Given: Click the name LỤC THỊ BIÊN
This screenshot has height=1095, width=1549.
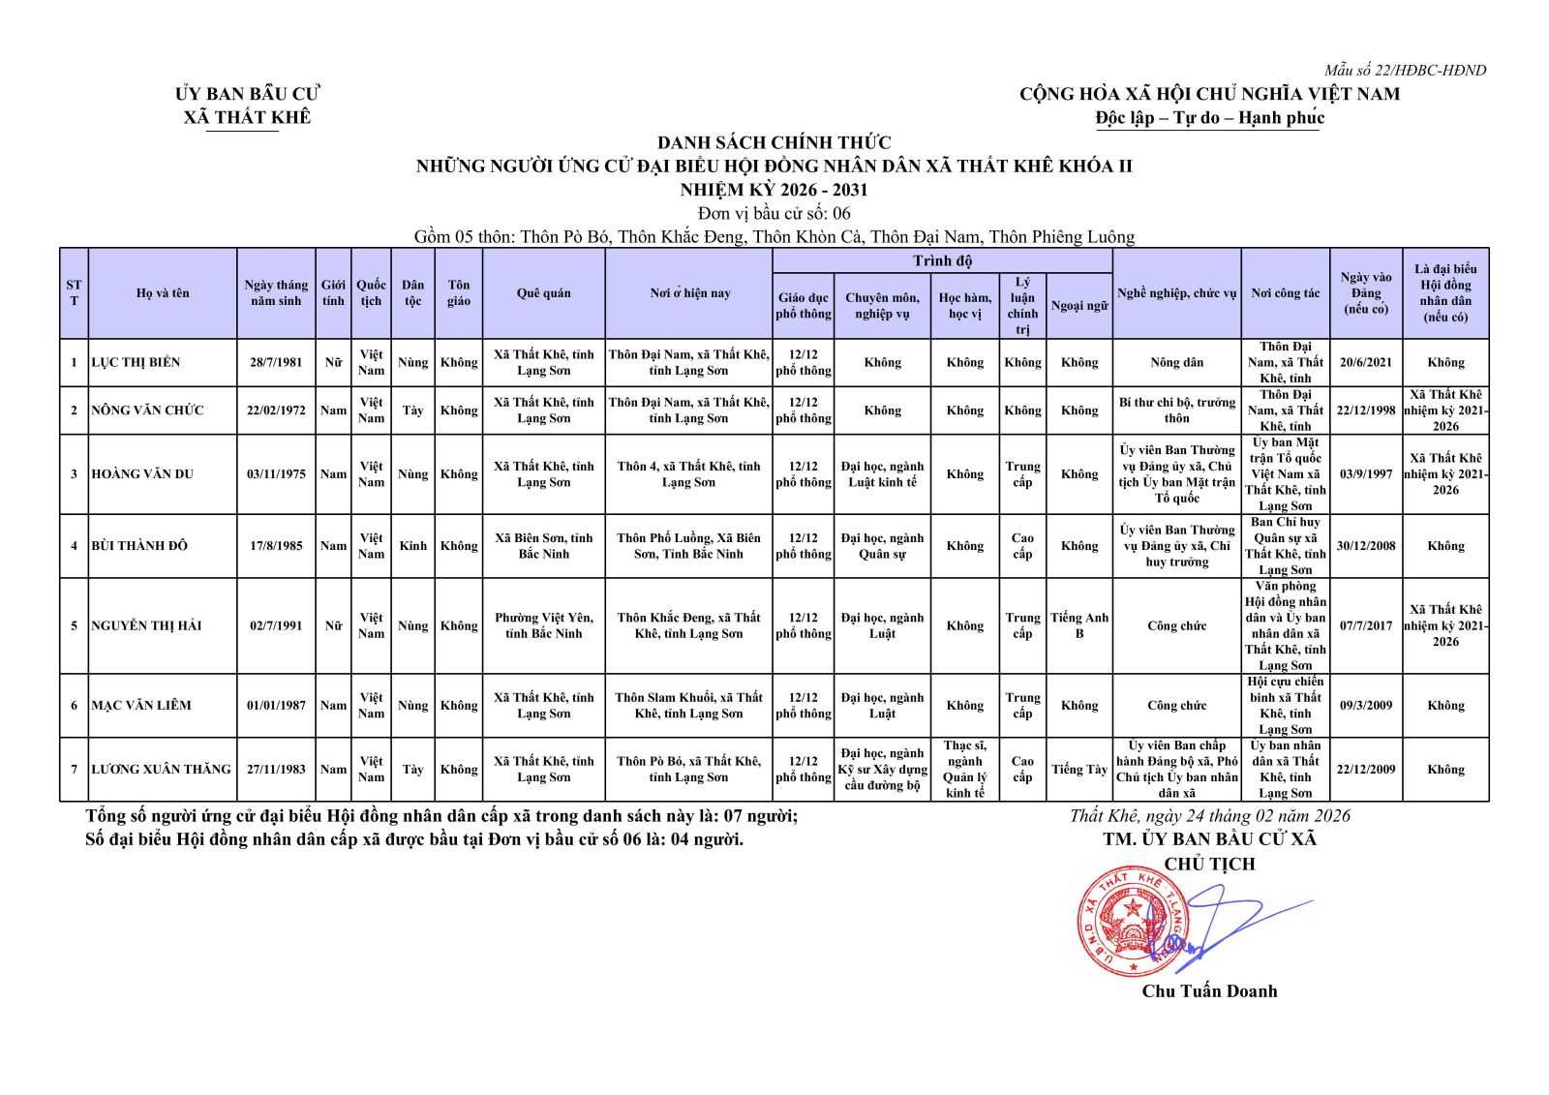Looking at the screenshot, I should pos(136,362).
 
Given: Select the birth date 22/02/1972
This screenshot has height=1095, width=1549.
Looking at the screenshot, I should pos(276,411).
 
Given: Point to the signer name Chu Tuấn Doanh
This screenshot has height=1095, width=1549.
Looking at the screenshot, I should pos(1209,990).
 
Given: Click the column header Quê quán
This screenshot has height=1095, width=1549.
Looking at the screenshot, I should pos(543,293).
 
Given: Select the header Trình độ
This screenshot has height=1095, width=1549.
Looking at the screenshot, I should pos(942,260).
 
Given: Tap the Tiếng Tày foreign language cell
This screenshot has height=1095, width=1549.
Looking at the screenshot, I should pos(1078,770).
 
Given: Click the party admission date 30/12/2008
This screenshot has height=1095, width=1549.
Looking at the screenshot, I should pos(1365,546).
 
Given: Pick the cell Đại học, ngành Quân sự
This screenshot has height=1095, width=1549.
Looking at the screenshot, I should pos(882,546).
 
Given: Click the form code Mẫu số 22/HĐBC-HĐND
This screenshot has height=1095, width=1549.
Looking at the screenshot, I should pos(1405,70).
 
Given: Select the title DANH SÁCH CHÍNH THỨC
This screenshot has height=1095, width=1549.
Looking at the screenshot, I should pos(774,142).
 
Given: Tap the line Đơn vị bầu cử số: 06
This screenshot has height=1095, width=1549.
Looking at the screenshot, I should pos(774,213).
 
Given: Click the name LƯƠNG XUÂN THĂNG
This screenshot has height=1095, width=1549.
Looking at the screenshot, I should pos(161,770).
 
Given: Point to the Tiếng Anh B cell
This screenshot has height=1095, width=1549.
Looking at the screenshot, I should pos(1078,625).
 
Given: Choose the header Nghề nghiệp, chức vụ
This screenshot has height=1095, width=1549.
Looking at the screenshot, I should pos(1176,293).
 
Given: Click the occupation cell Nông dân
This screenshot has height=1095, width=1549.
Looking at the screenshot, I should pos(1176,362).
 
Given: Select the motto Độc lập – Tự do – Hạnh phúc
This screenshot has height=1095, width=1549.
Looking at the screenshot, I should pos(1209,118).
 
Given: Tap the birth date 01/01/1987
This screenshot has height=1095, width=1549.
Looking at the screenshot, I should pos(276,706).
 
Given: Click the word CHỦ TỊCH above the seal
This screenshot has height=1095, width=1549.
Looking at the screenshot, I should pos(1209,864).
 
